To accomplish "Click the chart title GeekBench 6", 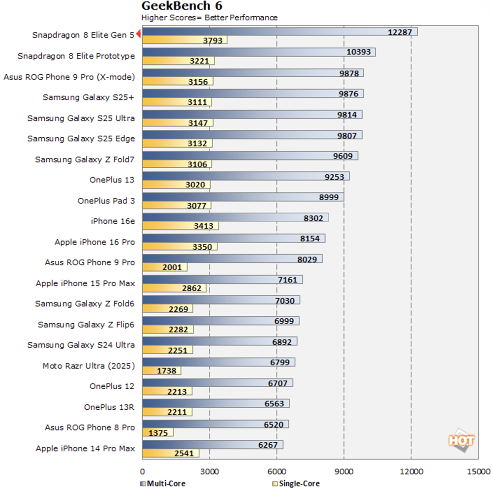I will pos(182,6).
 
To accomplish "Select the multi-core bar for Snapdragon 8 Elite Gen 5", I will pos(279,31).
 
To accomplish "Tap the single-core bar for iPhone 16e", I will pos(181,226).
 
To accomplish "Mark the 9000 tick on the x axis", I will pos(344,470).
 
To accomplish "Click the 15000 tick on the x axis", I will pos(478,470).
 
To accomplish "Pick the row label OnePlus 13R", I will pos(109,407).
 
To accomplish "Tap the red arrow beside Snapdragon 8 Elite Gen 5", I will pos(139,34).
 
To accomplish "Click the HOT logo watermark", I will pos(461,439).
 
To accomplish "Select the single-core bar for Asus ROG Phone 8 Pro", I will pos(158,432).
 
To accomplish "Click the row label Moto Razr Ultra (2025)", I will pos(89,366).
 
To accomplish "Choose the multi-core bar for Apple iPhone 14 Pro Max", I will pos(213,445).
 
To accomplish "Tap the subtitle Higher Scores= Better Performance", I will pos(210,18).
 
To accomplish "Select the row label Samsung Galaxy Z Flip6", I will pos(86,324).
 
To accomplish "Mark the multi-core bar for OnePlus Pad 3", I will pos(243,197).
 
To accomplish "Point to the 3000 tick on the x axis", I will pos(210,470).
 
